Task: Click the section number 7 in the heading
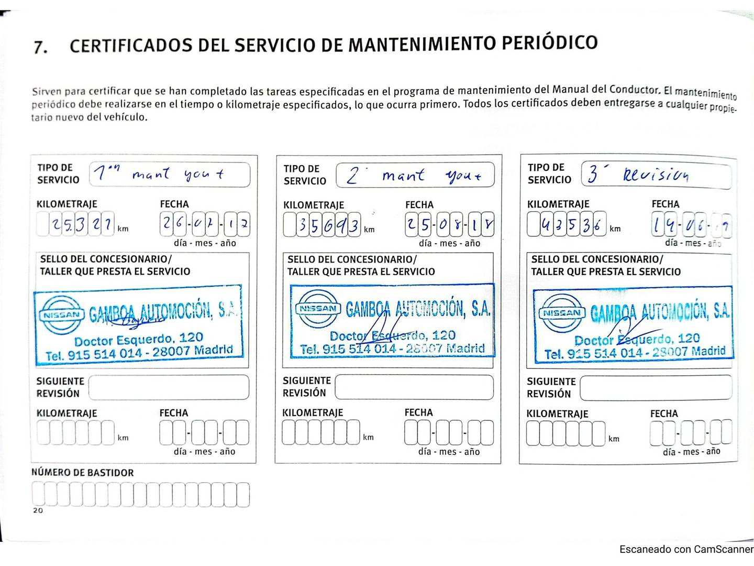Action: point(40,48)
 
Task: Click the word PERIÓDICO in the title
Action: point(549,42)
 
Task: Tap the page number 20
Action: point(38,510)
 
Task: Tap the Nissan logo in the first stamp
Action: point(62,314)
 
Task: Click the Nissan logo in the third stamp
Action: point(561,313)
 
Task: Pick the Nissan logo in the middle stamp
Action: point(318,309)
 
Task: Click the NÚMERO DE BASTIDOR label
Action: point(83,473)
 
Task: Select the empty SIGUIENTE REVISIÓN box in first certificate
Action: point(169,387)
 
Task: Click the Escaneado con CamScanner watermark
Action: point(686,549)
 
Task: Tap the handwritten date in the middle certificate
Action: point(449,226)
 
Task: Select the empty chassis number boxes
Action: point(140,495)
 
